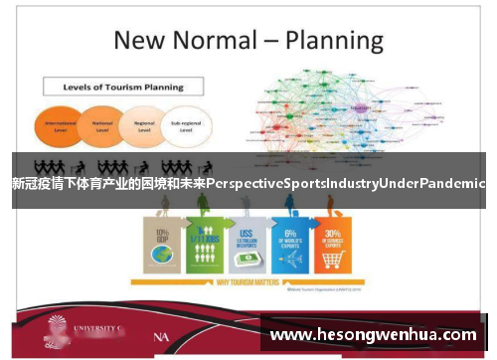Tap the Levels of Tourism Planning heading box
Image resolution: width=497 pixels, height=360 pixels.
pyautogui.click(x=122, y=88)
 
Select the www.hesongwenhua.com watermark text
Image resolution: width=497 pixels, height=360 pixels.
pyautogui.click(x=374, y=335)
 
